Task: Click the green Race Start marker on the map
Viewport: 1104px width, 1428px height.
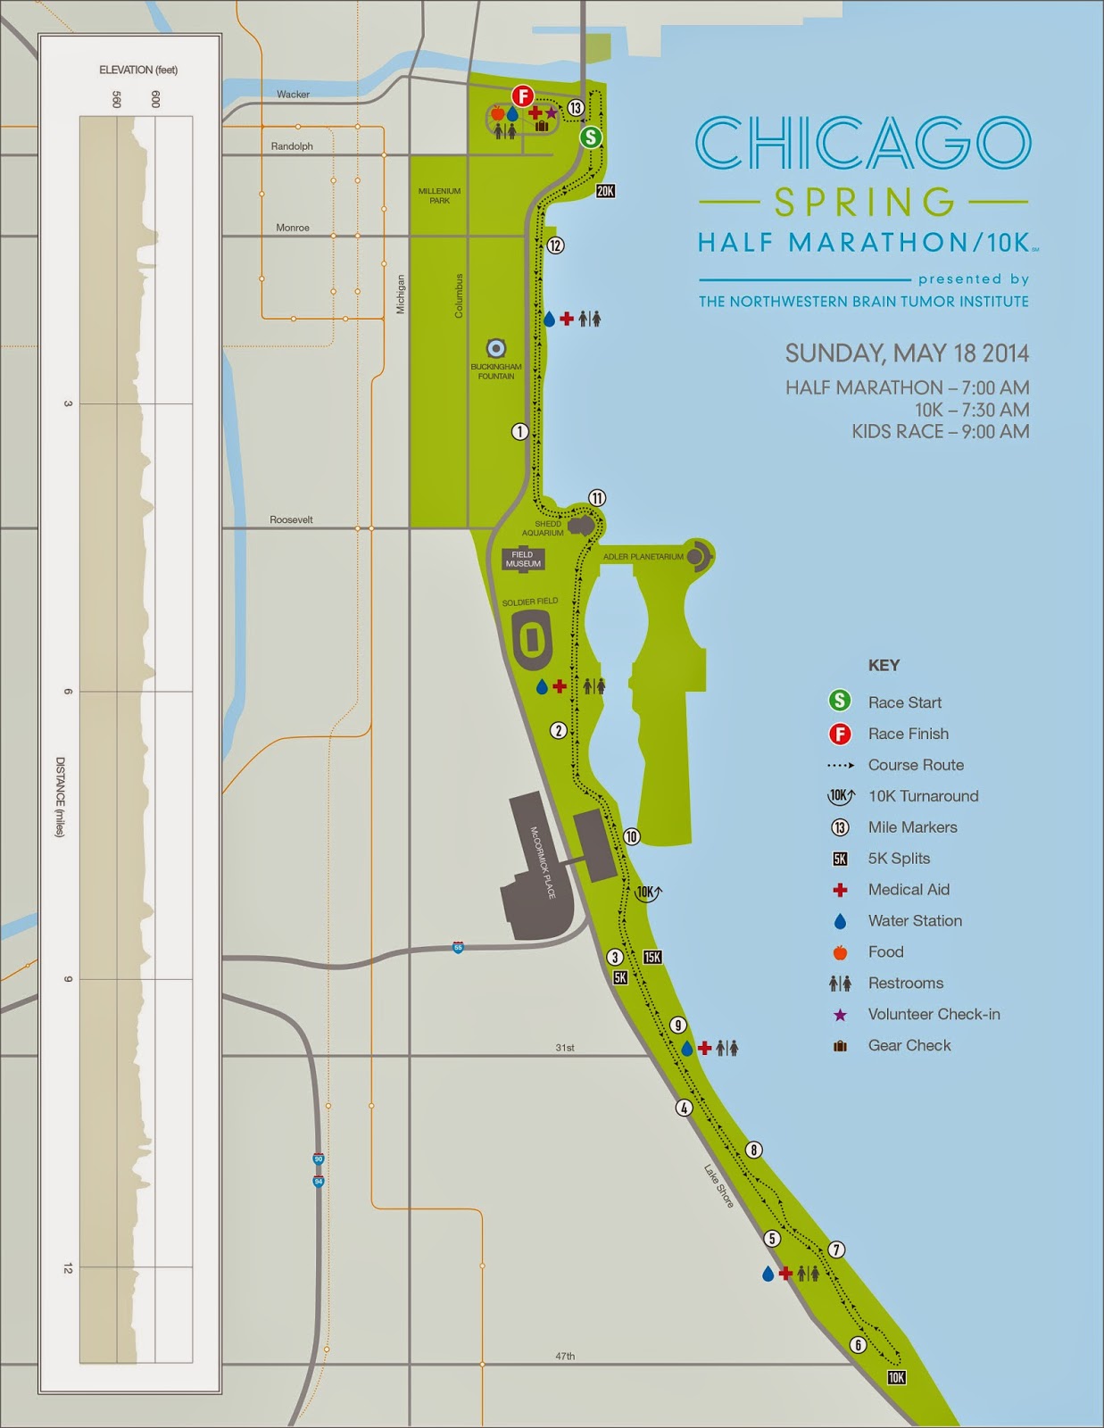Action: click(590, 137)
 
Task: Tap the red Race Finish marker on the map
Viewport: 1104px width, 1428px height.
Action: click(522, 96)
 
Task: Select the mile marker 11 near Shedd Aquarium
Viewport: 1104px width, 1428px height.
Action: click(596, 498)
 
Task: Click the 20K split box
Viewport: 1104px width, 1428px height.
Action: click(605, 191)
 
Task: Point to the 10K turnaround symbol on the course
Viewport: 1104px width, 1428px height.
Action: click(649, 892)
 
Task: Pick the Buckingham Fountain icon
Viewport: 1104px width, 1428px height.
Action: click(496, 348)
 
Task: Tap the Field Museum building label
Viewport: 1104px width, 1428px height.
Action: click(523, 560)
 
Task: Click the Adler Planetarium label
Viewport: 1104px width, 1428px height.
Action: click(643, 557)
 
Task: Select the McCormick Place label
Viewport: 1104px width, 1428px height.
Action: click(543, 862)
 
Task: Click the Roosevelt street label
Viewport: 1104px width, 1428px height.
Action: click(291, 519)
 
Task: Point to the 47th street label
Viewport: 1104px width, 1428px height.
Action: click(565, 1356)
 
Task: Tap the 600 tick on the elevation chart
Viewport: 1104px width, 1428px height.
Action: click(155, 99)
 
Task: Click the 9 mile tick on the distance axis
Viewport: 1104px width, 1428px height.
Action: click(68, 979)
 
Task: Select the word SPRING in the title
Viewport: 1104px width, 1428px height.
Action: click(864, 203)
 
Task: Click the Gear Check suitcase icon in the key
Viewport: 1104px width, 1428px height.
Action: click(840, 1046)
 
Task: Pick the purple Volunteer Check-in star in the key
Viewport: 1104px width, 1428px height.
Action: click(840, 1015)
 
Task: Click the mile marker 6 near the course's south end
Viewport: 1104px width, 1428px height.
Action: click(858, 1345)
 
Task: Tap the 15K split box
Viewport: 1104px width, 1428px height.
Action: click(652, 958)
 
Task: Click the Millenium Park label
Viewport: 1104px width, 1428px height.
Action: click(440, 195)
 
